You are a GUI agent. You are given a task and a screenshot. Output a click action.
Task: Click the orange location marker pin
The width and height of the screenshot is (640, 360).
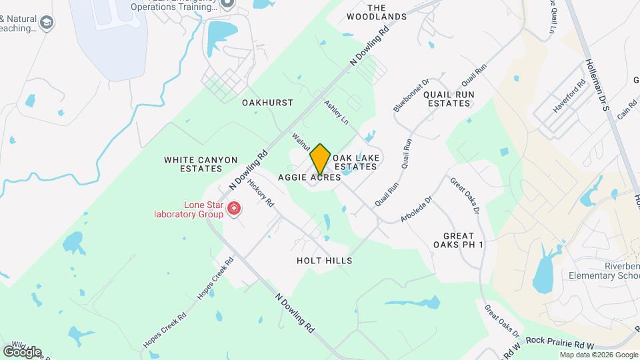coord(320,159)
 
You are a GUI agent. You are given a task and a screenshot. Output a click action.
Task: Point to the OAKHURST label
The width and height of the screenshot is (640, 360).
coord(267,103)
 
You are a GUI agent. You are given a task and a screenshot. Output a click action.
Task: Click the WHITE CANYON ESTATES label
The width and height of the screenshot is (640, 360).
coord(200,164)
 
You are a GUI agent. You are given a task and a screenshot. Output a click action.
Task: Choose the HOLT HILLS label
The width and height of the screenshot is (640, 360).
coord(324,261)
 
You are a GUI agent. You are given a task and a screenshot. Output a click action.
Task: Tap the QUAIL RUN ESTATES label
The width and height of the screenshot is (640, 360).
coord(449,99)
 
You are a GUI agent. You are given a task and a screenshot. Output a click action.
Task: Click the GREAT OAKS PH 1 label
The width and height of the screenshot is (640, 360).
coord(463,240)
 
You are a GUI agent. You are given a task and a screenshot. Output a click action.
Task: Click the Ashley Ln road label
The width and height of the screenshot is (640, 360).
coord(336,113)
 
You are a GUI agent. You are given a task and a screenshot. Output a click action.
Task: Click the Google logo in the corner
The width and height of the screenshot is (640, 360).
coord(22,351)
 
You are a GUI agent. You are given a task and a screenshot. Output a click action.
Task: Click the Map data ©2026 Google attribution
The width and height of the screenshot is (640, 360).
coord(599,355)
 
